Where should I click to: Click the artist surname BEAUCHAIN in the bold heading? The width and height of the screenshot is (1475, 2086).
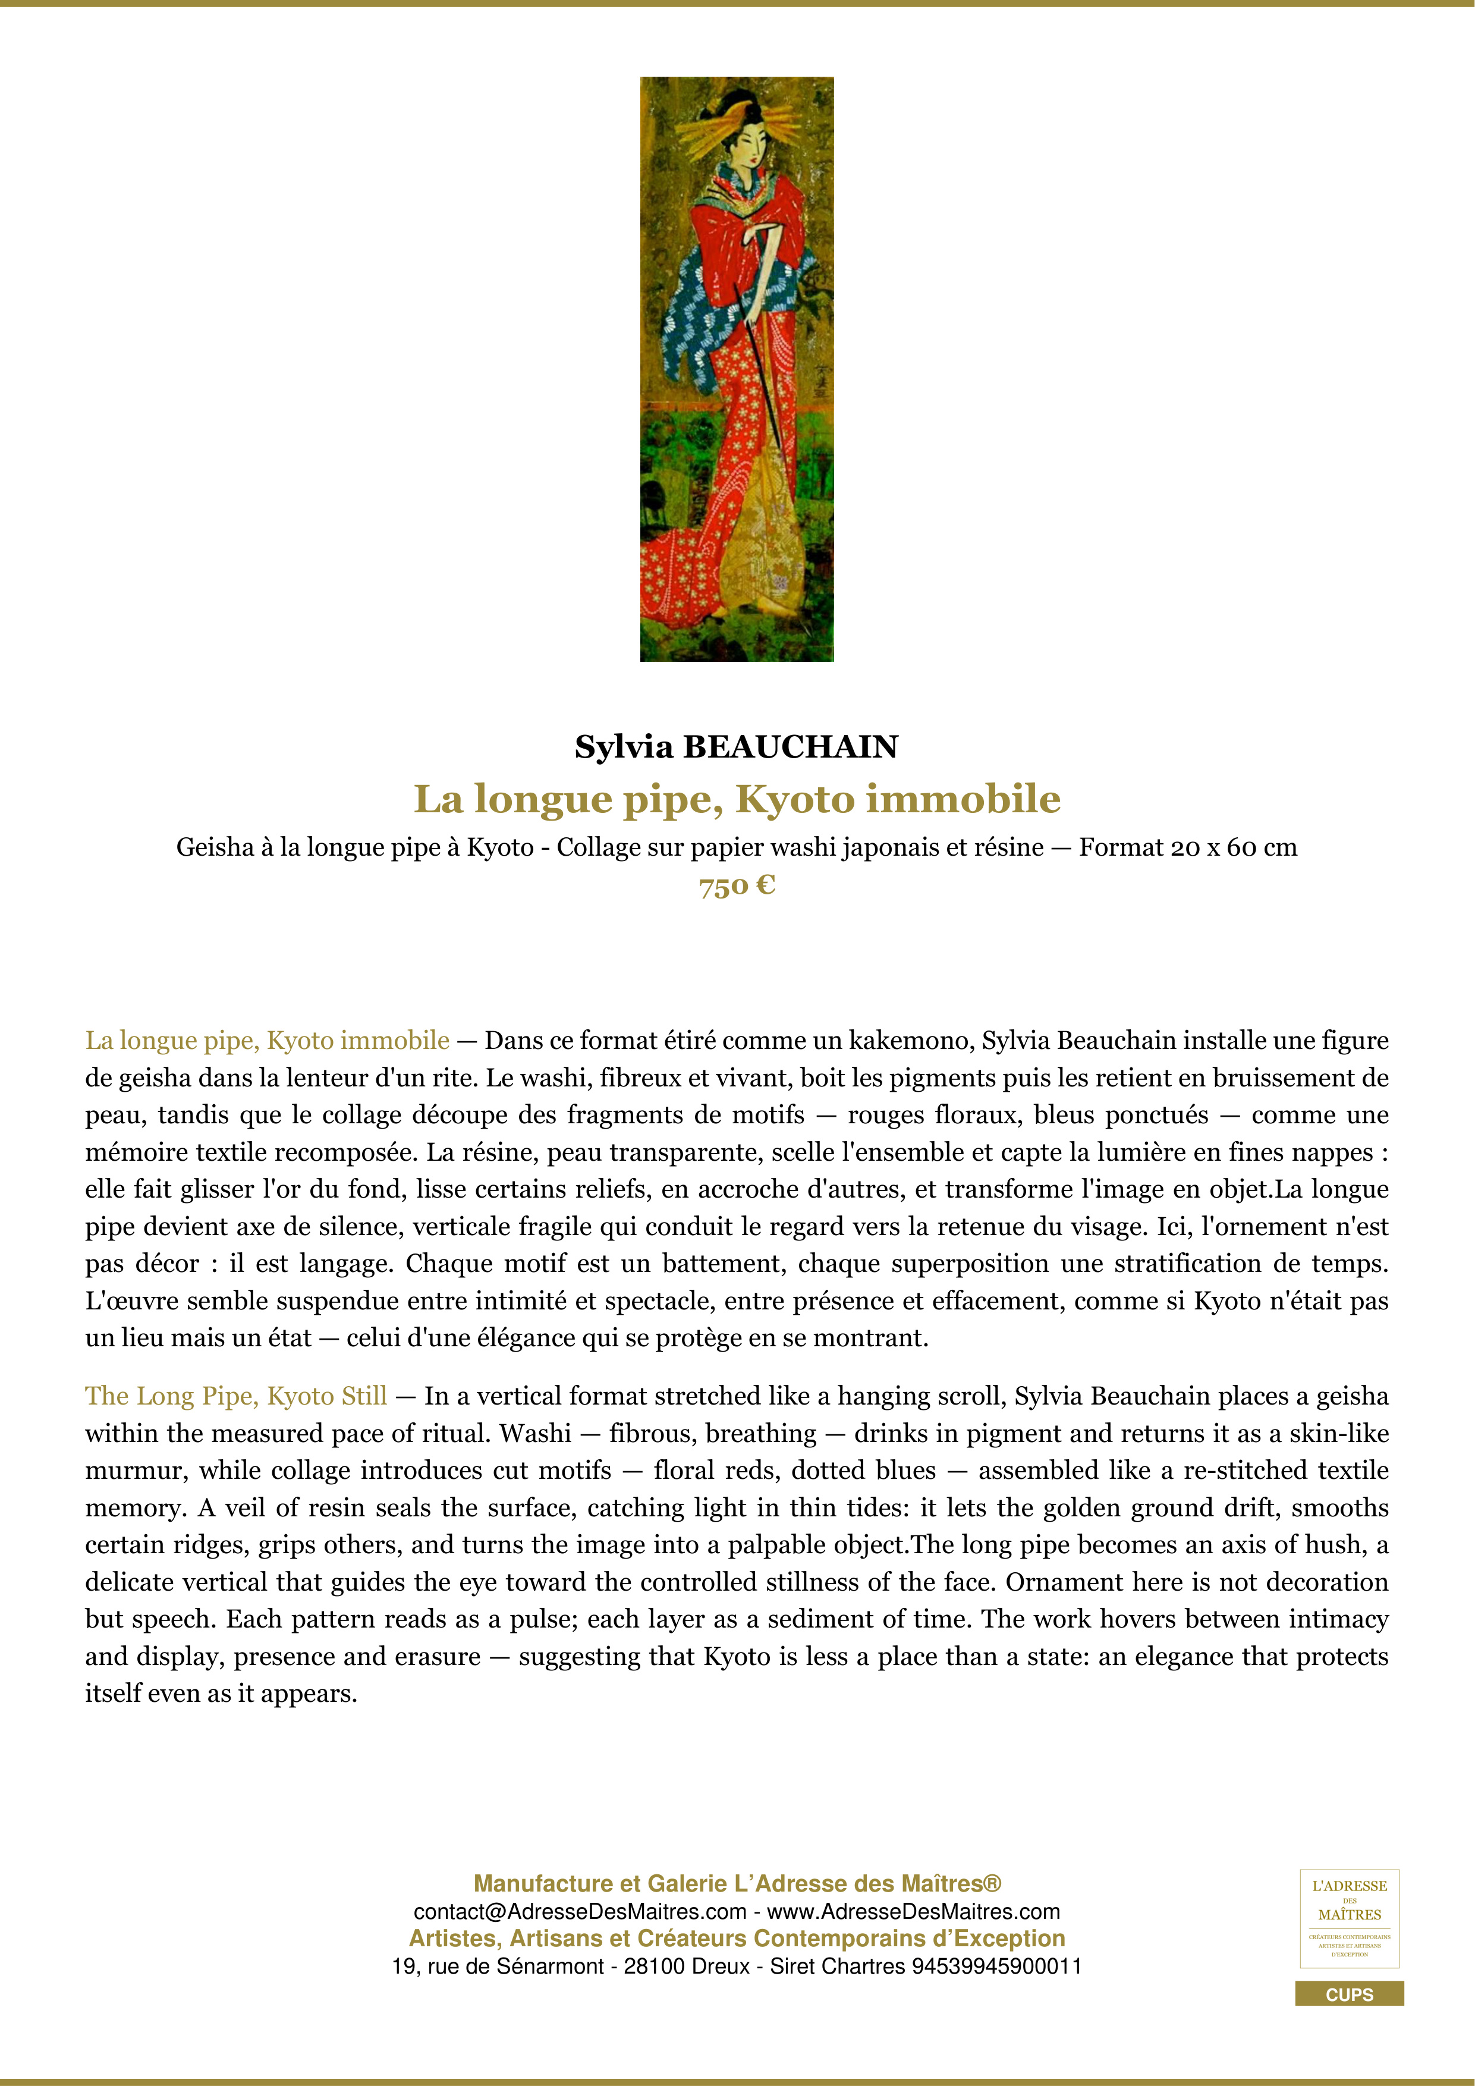[x=790, y=747]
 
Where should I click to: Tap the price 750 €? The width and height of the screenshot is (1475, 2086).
[x=737, y=886]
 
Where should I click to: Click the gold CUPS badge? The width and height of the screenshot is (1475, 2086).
[x=1349, y=1994]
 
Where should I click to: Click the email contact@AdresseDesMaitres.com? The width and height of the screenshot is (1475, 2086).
[x=580, y=1912]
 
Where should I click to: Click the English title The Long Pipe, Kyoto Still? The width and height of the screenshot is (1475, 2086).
[x=236, y=1396]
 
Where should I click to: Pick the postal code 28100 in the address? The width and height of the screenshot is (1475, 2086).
[x=654, y=1966]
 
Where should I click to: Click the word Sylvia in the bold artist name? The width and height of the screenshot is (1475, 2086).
[x=624, y=747]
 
